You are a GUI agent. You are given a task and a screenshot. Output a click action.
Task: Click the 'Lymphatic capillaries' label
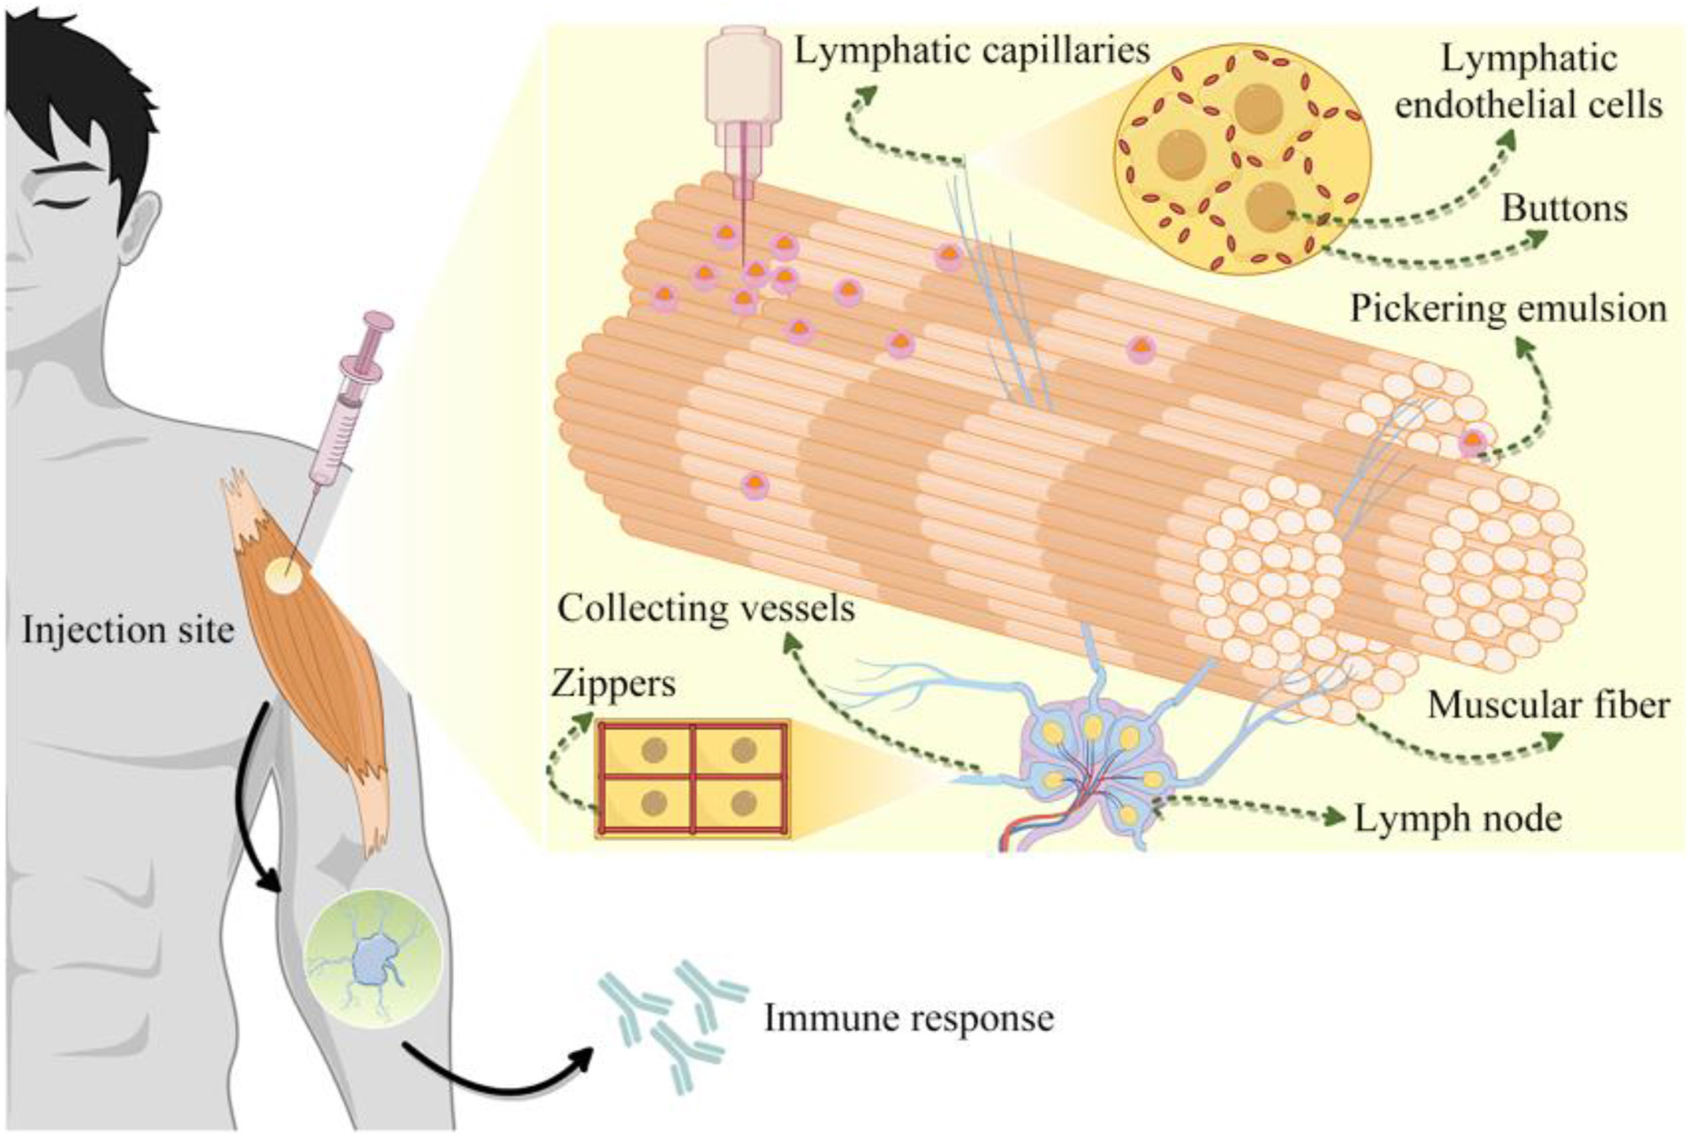pos(971,51)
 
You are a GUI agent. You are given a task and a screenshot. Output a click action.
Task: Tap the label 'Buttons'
pos(1564,210)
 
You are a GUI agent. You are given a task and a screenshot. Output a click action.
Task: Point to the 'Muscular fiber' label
pos(1548,706)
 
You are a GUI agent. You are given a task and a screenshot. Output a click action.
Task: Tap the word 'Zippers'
pos(613,683)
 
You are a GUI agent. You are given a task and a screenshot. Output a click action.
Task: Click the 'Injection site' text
pos(128,630)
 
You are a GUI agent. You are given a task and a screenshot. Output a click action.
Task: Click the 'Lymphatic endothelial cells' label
pos(1529,82)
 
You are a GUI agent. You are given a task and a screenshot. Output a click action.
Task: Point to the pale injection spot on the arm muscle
pos(283,577)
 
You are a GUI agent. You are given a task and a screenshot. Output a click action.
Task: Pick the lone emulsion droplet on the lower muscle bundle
pos(755,485)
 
